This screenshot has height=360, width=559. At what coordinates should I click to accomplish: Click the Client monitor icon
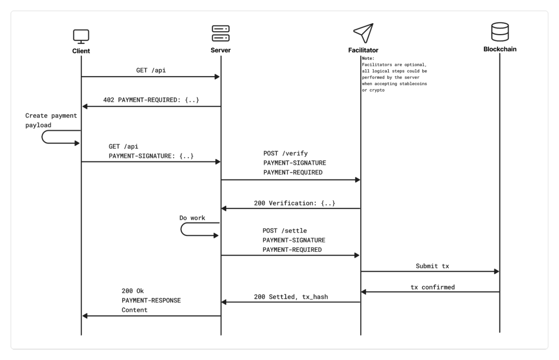point(81,36)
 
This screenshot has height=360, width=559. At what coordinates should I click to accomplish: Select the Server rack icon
point(220,33)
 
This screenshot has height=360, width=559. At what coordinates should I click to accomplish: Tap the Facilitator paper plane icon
point(363,33)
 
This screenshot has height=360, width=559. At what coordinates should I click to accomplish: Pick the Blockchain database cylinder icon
point(500,32)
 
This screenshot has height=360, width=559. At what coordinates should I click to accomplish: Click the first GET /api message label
point(151,70)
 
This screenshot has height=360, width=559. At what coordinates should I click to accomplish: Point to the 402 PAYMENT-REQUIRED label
point(151,100)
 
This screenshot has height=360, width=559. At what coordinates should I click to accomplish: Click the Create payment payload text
point(51,120)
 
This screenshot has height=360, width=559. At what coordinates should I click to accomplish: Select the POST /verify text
point(286,153)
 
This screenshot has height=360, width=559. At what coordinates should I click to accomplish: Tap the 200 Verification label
point(295,203)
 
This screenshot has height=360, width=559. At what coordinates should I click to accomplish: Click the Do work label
point(192,218)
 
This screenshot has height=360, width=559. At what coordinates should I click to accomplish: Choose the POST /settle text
point(285,231)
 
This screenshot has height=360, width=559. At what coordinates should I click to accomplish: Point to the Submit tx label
point(432,266)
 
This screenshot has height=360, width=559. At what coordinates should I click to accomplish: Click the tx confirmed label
point(432,287)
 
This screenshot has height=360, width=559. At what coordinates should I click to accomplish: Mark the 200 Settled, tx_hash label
point(291,296)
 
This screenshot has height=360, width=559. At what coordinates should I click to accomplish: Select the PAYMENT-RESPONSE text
point(151,301)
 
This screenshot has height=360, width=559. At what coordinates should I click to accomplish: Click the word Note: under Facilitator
point(369,58)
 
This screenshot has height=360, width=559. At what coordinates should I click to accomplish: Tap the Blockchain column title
point(500,49)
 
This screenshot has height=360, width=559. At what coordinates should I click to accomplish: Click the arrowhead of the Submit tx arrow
point(496,272)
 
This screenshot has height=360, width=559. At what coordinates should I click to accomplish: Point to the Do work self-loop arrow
point(182,229)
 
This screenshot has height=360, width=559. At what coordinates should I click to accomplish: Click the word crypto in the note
point(377,90)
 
